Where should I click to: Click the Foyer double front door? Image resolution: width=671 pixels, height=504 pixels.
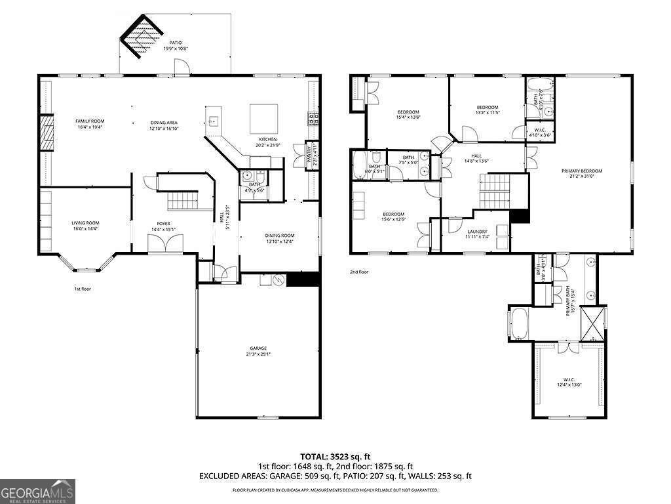pos(161,244)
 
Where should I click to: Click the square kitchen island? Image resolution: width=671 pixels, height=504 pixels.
pos(264,118)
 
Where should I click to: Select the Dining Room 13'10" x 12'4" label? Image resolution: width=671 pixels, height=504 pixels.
pos(279,239)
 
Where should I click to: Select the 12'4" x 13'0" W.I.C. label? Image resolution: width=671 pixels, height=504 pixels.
pos(569,383)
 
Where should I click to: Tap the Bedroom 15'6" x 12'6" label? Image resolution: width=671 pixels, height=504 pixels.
pos(393,217)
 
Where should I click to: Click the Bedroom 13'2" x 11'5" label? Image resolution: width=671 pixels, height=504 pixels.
pos(488,110)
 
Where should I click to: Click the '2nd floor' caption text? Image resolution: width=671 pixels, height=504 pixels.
pos(359,272)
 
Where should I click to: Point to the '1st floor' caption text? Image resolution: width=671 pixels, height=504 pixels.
pos(83,288)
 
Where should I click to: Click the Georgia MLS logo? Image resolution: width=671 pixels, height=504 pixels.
pos(37,491)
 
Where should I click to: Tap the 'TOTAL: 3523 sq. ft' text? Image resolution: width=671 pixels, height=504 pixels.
pos(335,456)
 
